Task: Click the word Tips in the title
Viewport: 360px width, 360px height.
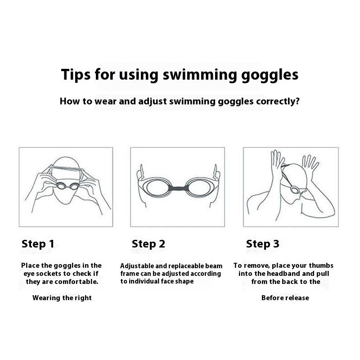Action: tap(76, 74)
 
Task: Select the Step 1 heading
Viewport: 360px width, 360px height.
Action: tap(38, 244)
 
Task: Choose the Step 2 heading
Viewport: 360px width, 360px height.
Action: tap(148, 244)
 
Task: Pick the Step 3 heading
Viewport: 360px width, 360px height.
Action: tap(263, 244)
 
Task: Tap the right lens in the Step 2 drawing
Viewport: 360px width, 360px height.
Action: tap(198, 187)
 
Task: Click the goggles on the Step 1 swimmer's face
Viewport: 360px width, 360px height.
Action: tap(68, 186)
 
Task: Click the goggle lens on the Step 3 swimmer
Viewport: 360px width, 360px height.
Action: tap(295, 190)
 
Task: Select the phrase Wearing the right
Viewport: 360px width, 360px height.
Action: tap(62, 298)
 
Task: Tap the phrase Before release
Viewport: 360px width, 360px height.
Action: tap(285, 298)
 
